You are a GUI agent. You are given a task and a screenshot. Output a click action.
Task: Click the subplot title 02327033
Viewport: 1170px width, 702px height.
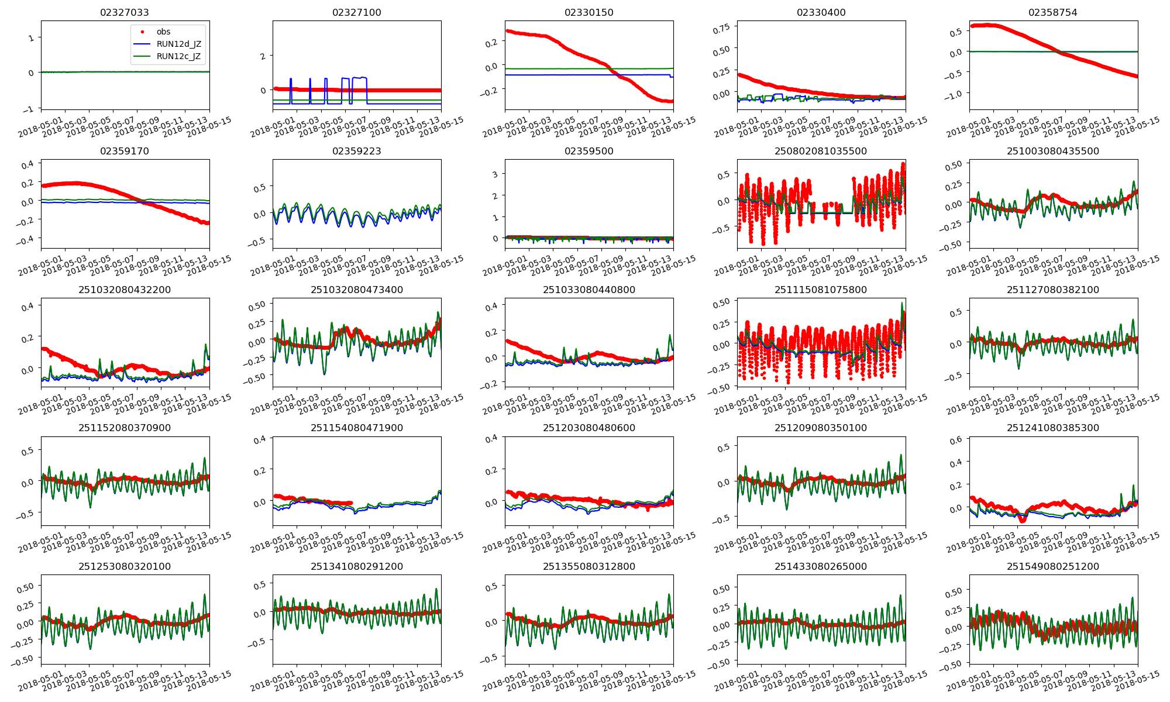[x=125, y=12]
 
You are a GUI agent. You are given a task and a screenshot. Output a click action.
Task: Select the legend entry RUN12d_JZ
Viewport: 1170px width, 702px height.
[x=178, y=44]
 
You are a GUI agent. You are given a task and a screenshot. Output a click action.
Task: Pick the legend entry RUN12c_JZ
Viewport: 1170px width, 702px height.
[x=178, y=56]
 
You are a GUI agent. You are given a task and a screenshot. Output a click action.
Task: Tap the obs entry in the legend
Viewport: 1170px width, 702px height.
[x=163, y=32]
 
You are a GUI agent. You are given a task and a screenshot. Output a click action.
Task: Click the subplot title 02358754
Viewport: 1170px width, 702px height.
[x=1053, y=12]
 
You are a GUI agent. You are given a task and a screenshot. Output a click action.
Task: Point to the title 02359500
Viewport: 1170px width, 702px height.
[x=589, y=151]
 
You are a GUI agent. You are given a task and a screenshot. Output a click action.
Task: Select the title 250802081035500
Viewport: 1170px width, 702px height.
[x=821, y=151]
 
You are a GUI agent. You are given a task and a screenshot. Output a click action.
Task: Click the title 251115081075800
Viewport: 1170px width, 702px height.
[x=821, y=290]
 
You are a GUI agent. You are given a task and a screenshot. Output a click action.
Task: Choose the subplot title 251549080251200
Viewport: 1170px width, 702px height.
[x=1053, y=566]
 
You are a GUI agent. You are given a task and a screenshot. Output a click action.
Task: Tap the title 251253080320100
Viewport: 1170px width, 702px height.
[x=125, y=566]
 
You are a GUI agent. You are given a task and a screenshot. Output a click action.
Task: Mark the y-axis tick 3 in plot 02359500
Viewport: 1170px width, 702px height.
[x=495, y=174]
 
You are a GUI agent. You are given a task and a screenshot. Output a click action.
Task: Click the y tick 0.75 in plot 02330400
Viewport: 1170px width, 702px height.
[x=722, y=28]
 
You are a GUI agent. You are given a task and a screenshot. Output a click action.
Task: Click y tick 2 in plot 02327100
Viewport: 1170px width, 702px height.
[x=263, y=56]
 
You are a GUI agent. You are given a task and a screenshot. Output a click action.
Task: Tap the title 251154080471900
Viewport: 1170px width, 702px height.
[x=357, y=428]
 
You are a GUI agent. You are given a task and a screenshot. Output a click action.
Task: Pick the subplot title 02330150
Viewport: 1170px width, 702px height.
[x=589, y=12]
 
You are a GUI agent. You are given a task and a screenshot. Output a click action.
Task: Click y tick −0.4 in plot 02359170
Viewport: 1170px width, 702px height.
[x=26, y=239]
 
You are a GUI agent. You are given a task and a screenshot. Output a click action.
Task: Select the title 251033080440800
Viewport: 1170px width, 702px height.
[x=589, y=290]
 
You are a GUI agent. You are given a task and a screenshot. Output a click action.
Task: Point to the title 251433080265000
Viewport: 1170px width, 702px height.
[x=821, y=566]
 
